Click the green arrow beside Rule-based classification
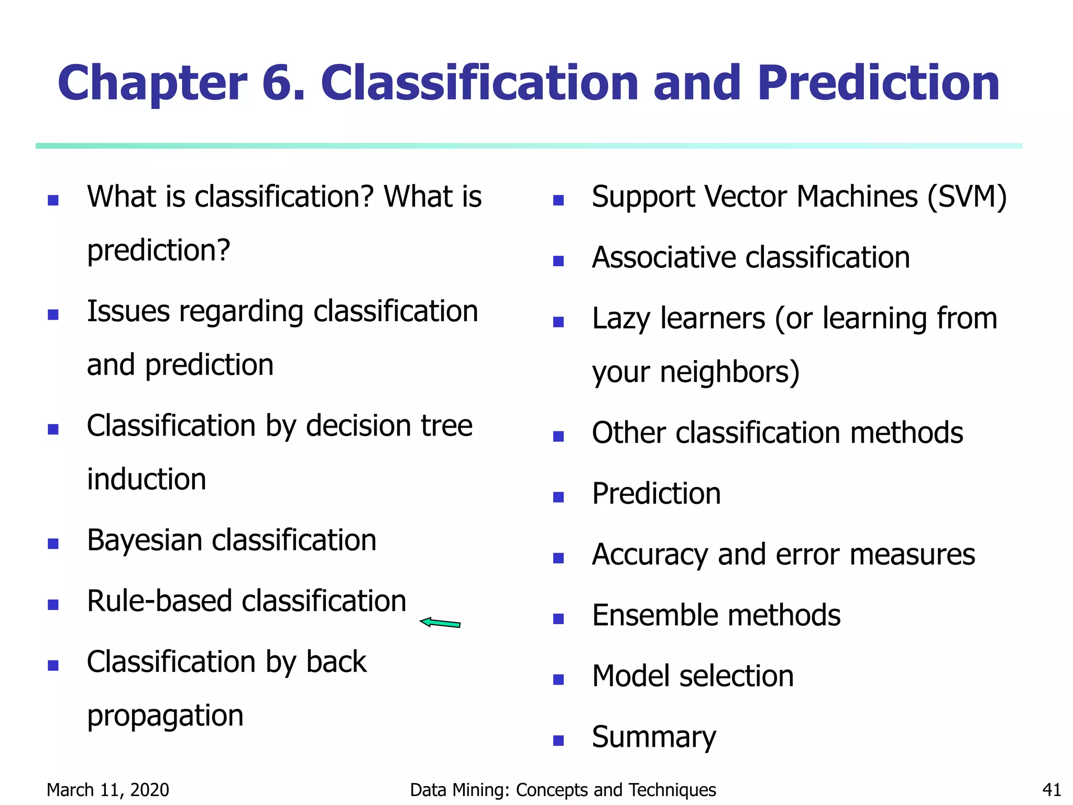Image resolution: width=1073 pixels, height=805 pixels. (440, 623)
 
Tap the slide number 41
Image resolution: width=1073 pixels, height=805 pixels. (1051, 790)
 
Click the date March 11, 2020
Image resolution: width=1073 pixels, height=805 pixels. (108, 790)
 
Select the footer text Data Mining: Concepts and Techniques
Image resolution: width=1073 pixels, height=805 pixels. (563, 790)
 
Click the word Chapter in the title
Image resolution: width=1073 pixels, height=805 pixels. (152, 84)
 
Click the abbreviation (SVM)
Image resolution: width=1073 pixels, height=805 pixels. (967, 197)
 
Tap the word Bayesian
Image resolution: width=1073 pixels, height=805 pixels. (145, 541)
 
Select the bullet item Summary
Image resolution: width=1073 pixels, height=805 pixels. (653, 737)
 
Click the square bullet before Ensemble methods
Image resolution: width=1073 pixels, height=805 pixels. (559, 619)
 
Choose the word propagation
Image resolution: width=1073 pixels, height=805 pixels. (165, 716)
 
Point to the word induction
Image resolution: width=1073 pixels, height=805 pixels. (147, 480)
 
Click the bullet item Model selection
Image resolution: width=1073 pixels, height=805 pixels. (693, 676)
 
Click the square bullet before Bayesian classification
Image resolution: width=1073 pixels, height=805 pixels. (53, 543)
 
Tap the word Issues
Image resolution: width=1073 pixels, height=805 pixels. (128, 312)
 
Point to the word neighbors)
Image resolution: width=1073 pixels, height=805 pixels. (729, 372)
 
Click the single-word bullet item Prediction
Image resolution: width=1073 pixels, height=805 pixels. (656, 494)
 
